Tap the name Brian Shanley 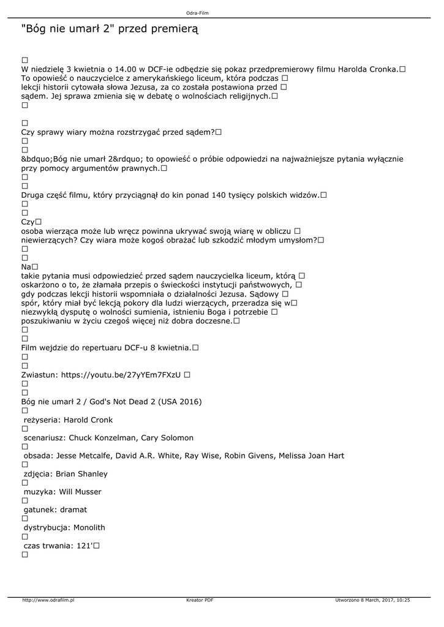[81, 474]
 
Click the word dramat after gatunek [73, 509]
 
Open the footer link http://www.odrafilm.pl [48, 600]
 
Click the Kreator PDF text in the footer [200, 600]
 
